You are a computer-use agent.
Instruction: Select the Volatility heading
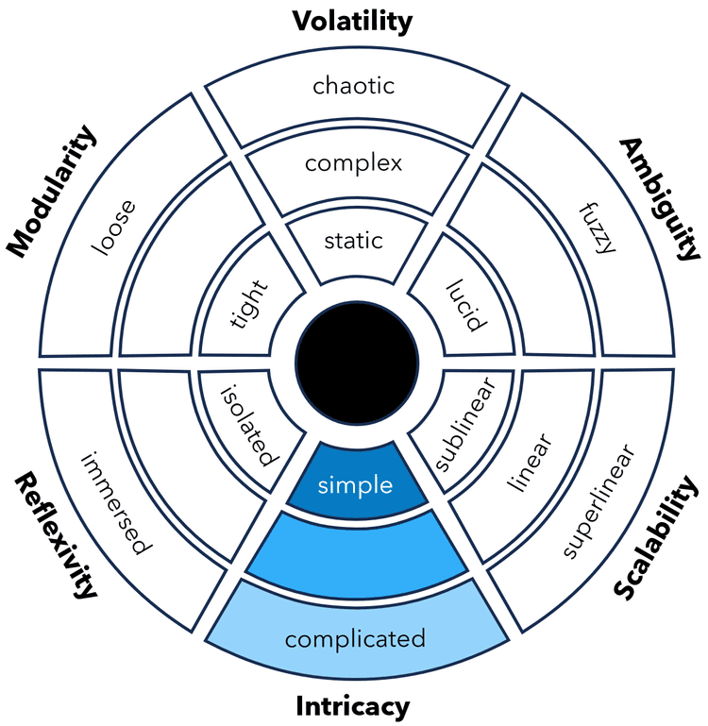pyautogui.click(x=352, y=20)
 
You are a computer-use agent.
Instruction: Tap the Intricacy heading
pyautogui.click(x=353, y=705)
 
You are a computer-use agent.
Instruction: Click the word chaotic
pyautogui.click(x=353, y=87)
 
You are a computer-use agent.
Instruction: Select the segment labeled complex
pyautogui.click(x=353, y=163)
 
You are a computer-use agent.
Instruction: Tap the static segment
pyautogui.click(x=353, y=240)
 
